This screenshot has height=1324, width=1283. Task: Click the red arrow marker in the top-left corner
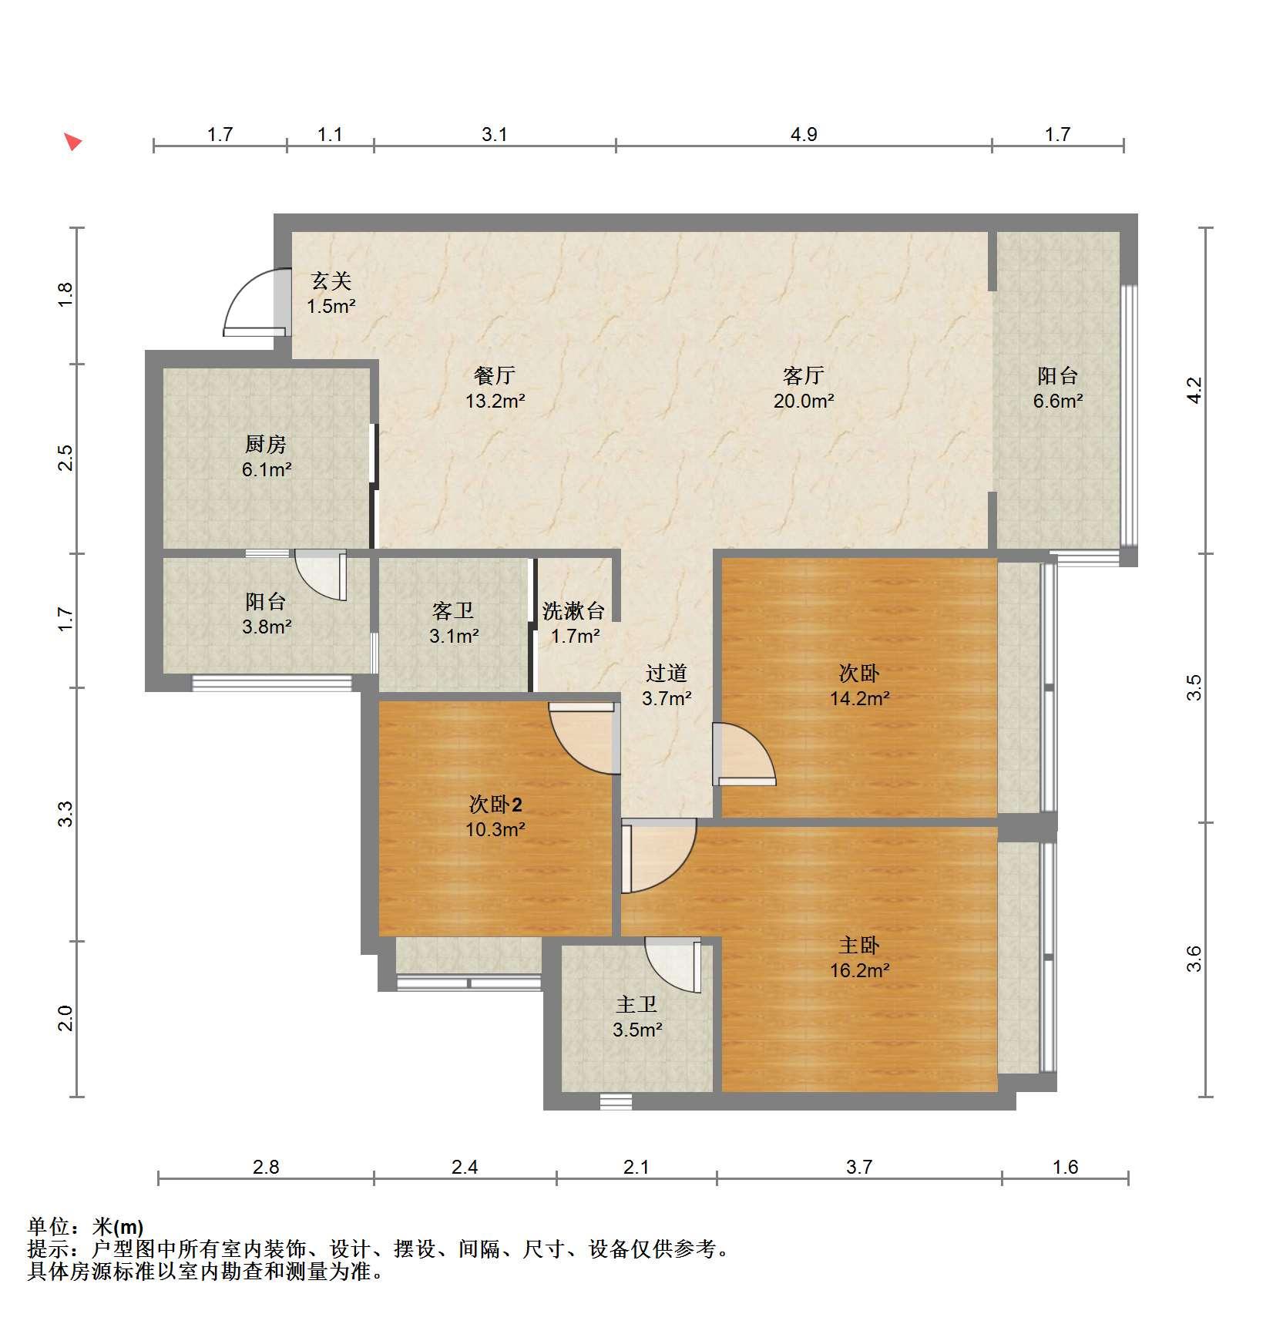[x=73, y=142]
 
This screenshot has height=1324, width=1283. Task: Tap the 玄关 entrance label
[x=331, y=281]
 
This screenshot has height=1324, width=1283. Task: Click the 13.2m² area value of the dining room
[x=495, y=401]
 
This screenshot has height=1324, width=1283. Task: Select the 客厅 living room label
[x=804, y=375]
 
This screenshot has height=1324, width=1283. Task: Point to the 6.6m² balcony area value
[x=1058, y=401]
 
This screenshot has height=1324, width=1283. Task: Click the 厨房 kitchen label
[x=266, y=444]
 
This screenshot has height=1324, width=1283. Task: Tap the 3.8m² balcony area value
[x=267, y=627]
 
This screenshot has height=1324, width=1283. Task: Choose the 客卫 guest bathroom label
[x=453, y=611]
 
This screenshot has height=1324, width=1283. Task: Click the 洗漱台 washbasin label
[x=573, y=611]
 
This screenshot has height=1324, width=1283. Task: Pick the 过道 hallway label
[x=667, y=673]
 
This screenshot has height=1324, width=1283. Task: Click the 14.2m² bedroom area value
[x=860, y=698]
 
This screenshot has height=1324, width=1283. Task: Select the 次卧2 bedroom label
[x=495, y=805]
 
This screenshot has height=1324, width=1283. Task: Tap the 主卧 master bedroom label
[x=859, y=945]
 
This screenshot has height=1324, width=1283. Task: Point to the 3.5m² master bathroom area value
[x=638, y=1030]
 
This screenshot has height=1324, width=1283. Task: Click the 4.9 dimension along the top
[x=804, y=135]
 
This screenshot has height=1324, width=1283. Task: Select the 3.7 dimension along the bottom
[x=859, y=1168]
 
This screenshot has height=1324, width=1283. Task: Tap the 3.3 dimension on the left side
[x=66, y=814]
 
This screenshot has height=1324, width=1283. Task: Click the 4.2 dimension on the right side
[x=1194, y=390]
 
